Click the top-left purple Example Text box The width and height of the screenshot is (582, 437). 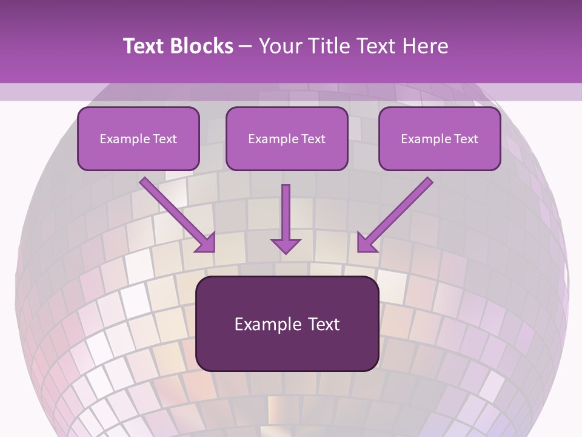(x=138, y=138)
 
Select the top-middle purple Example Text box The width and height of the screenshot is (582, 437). (x=287, y=138)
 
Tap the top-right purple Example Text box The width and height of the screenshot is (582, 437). (x=440, y=138)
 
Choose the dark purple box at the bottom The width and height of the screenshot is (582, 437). (x=287, y=324)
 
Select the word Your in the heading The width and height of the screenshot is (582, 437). (x=279, y=46)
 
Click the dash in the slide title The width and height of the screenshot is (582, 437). (x=246, y=46)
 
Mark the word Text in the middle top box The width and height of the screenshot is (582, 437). (x=312, y=139)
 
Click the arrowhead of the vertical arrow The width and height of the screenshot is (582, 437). (x=286, y=245)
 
